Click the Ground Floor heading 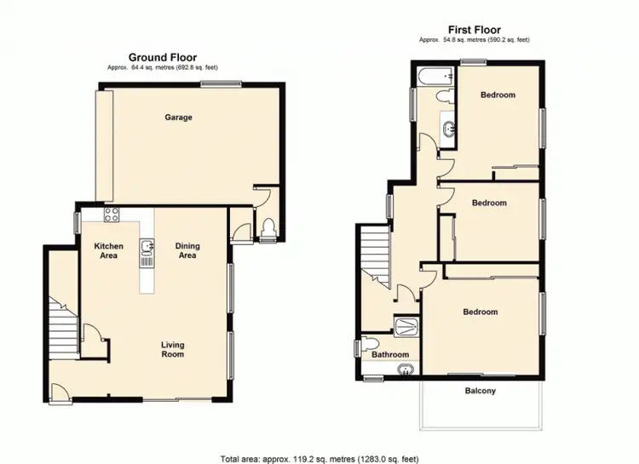pos(164,57)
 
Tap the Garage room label pos(178,117)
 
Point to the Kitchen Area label pos(109,250)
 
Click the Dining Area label pos(187,250)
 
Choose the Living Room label pos(173,349)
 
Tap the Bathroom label pos(389,354)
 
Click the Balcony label pos(481,392)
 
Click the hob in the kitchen pos(110,215)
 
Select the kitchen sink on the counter pos(147,248)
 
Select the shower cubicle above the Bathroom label pos(403,324)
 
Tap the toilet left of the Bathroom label pos(366,346)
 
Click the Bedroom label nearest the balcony pos(480,312)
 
